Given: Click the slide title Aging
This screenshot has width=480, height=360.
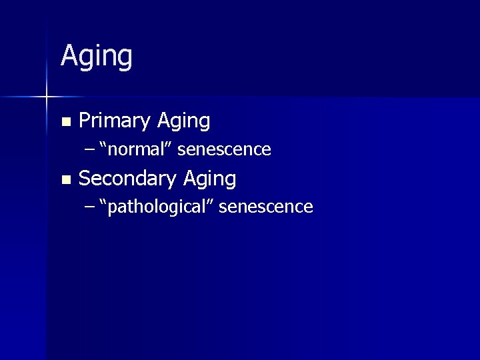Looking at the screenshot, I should coord(97,57).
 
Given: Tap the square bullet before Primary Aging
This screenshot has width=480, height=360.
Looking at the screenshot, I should coord(65,122).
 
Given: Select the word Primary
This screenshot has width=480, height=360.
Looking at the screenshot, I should coord(115,121).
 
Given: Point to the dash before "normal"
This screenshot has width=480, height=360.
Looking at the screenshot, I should coord(90,149).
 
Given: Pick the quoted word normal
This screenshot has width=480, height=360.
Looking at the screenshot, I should coord(137,149).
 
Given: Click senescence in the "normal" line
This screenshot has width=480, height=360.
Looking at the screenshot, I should coord(224,149).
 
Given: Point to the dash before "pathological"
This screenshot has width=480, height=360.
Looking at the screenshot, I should coord(90,207).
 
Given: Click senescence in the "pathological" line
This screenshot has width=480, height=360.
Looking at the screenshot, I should coord(265,207).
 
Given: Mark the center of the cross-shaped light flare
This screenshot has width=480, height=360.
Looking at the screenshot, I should coord(47,97).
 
